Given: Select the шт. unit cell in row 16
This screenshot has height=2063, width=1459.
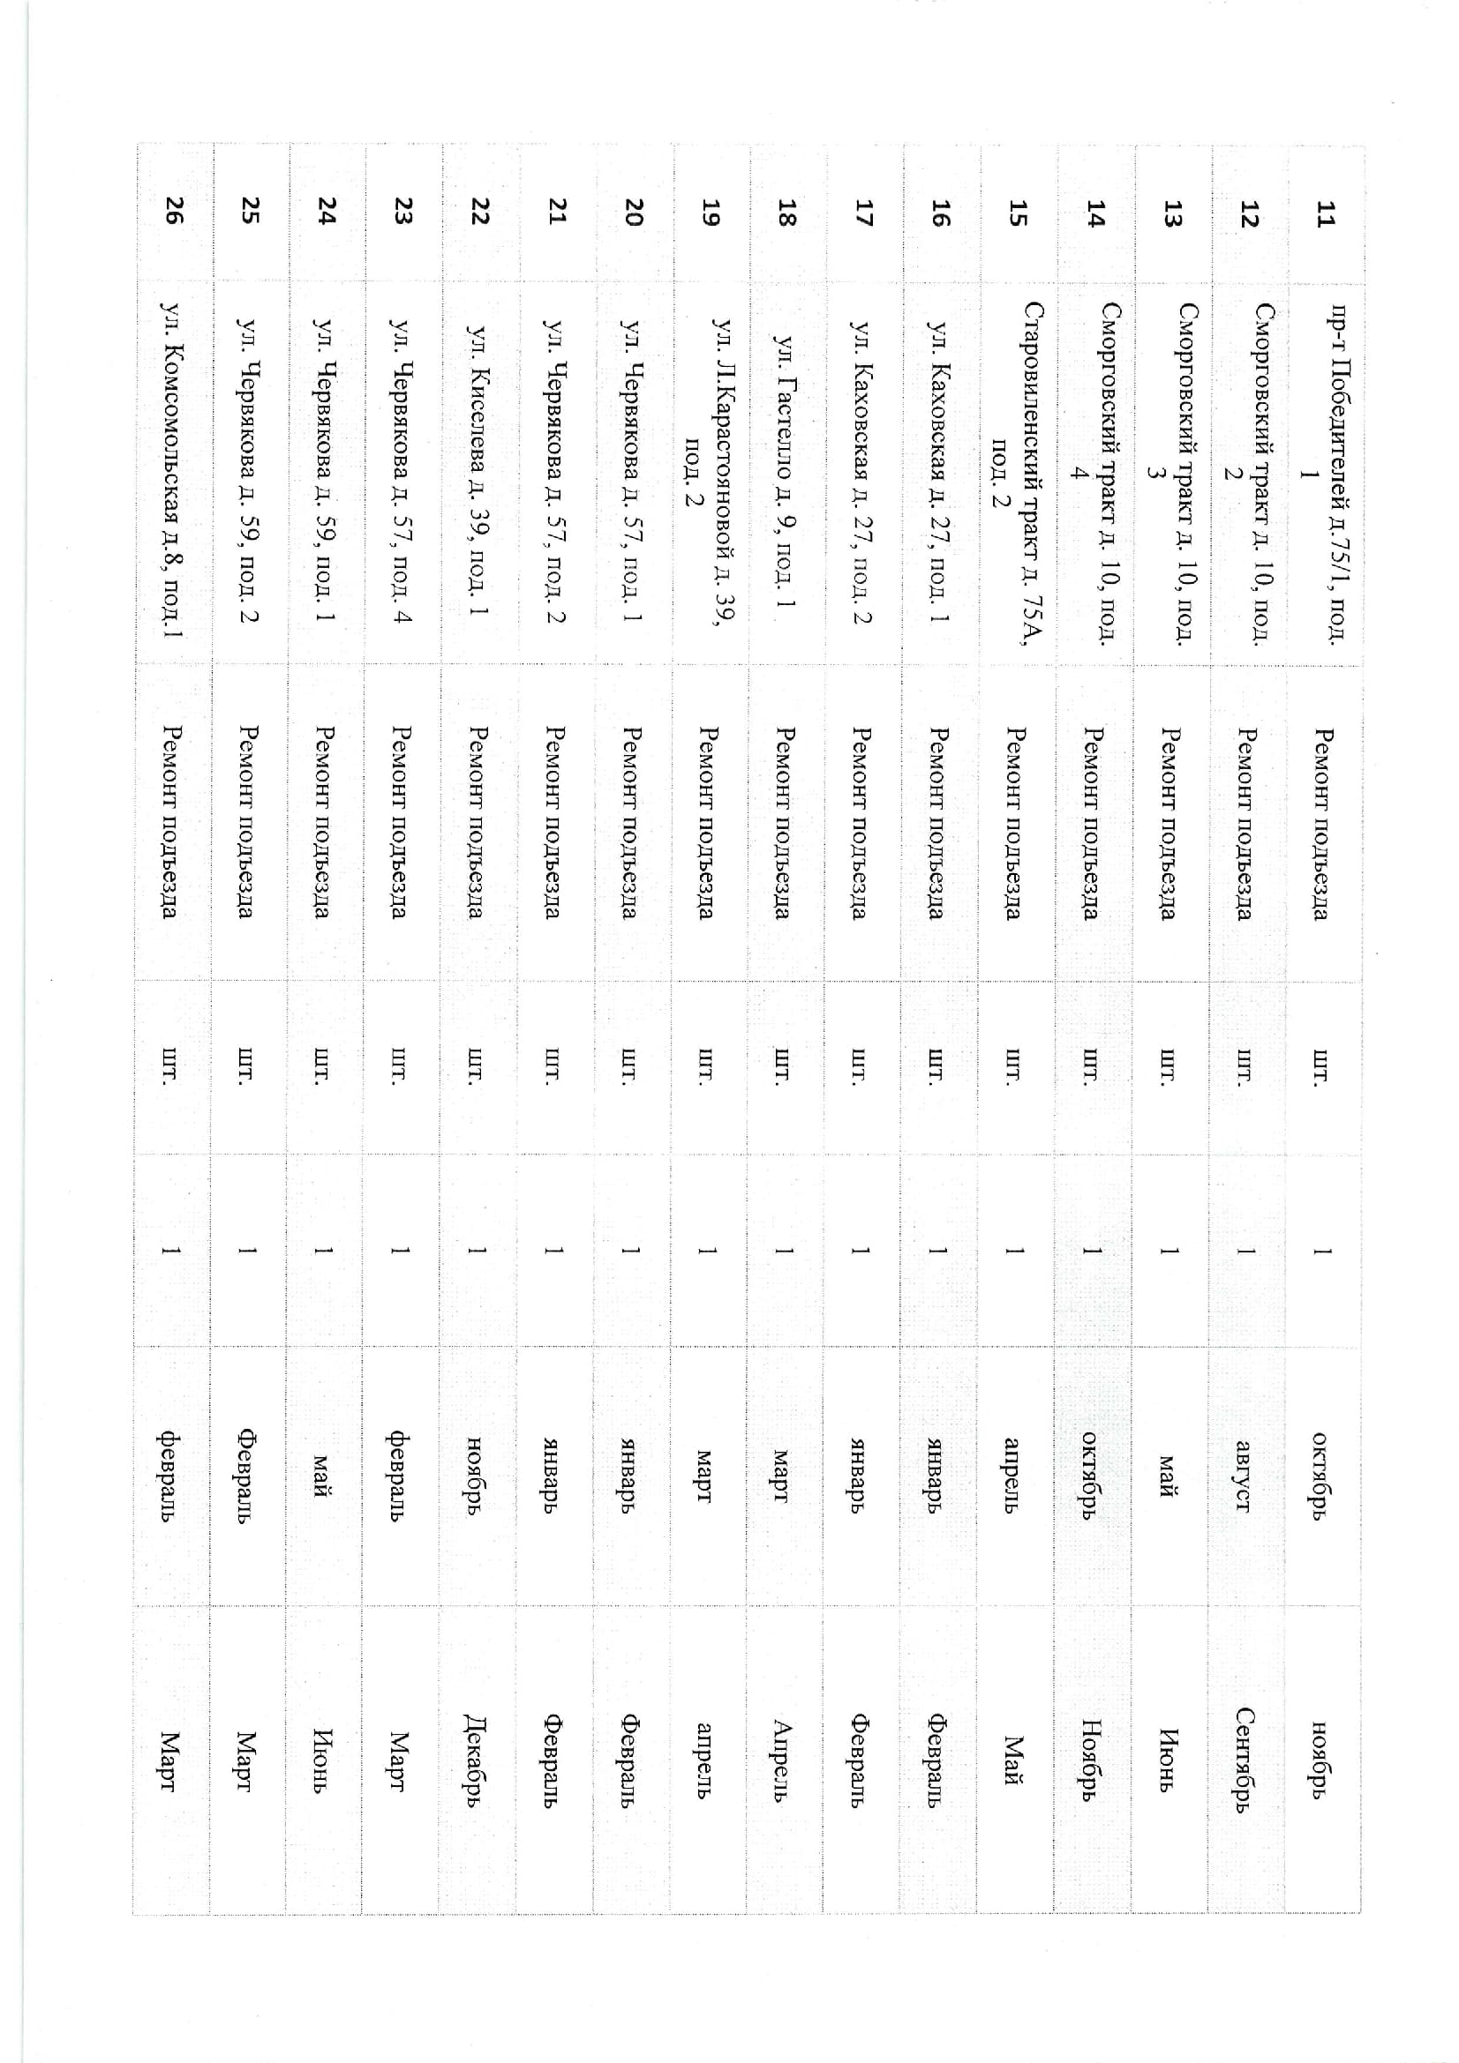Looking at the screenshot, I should (936, 1065).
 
